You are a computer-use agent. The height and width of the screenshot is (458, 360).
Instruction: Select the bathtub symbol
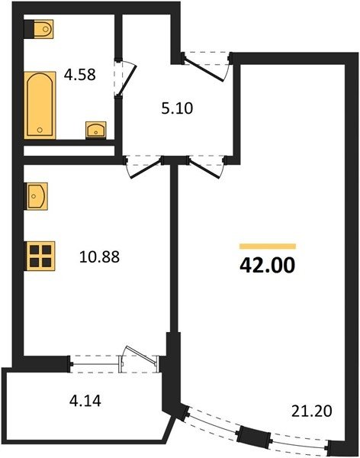40,105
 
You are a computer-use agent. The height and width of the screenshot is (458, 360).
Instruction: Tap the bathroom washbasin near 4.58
96,130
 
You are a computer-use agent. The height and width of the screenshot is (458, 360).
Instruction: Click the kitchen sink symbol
36,196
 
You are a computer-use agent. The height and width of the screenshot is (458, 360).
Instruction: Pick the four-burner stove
40,256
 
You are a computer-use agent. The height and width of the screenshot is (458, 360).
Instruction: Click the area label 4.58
80,75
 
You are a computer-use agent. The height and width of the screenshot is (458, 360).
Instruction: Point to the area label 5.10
177,108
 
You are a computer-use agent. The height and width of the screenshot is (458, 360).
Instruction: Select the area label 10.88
99,257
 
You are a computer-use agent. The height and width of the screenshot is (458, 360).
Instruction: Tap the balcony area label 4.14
85,401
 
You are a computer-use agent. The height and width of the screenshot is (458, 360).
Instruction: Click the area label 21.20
312,411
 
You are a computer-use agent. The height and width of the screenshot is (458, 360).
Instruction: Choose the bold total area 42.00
267,265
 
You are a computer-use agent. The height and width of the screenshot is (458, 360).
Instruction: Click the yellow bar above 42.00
268,247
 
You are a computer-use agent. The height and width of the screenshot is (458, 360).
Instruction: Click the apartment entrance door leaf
204,69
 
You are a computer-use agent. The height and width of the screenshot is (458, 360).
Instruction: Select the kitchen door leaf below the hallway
146,168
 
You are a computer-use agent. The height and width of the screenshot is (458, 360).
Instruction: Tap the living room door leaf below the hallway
204,168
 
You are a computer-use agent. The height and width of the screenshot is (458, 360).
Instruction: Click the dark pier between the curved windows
254,433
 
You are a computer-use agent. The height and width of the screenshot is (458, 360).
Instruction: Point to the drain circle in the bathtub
40,130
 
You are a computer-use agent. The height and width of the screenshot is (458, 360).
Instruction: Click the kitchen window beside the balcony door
95,364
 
